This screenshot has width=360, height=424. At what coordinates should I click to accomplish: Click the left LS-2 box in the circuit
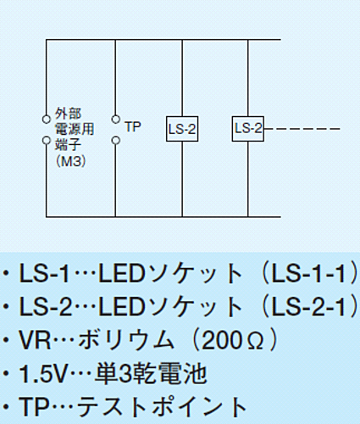(x=182, y=129)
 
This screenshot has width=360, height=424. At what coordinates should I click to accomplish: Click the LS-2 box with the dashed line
(x=248, y=129)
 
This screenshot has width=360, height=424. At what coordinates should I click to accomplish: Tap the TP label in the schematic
(x=133, y=127)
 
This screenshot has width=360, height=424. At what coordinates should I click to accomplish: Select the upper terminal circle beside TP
(x=115, y=120)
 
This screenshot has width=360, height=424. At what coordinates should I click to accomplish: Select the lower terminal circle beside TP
(x=115, y=140)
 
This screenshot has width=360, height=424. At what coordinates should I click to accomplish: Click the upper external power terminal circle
(x=47, y=120)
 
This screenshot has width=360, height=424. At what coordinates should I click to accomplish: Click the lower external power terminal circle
(x=47, y=140)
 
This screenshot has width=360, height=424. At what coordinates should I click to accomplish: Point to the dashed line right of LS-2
(x=302, y=129)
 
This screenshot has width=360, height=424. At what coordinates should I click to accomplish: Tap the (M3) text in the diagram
(x=71, y=162)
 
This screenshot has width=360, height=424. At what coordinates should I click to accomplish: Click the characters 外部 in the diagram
(x=68, y=114)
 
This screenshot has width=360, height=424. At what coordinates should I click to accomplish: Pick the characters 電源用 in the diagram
(x=75, y=129)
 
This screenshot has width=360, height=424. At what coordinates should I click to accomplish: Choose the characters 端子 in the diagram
(x=68, y=145)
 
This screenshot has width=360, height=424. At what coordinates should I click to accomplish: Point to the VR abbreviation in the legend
(x=35, y=340)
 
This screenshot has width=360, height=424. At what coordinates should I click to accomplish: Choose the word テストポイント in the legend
(x=161, y=407)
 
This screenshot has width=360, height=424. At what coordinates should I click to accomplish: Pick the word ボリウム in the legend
(x=126, y=340)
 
